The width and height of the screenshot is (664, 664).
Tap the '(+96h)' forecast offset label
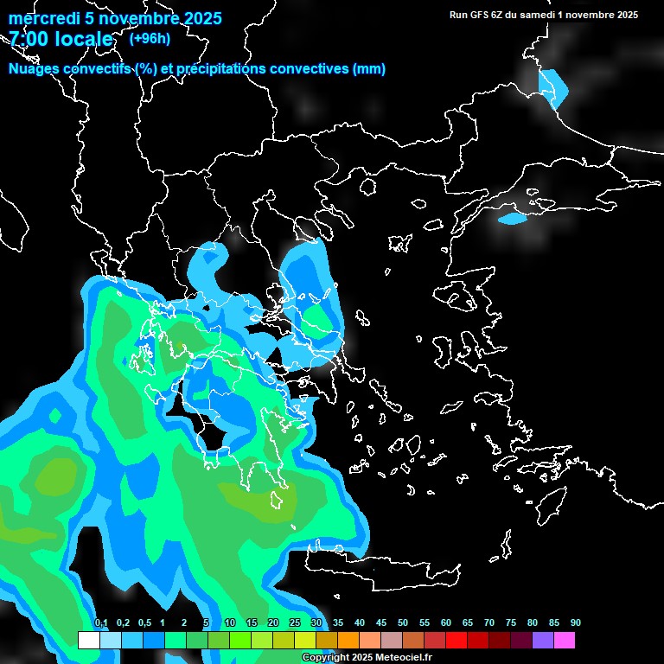pos(149,39)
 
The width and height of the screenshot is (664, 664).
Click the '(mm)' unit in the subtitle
pos(368,69)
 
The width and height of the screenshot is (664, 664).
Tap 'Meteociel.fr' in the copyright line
pos(404,658)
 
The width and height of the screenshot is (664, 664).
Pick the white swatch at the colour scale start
pos(88,641)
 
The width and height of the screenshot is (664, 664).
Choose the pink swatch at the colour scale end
pos(565,641)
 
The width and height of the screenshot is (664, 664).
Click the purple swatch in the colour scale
pos(543,641)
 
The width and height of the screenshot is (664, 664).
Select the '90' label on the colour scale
pos(575,623)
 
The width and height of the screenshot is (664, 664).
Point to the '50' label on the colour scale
pos(402,623)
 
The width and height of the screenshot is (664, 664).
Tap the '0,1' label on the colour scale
pos(101,623)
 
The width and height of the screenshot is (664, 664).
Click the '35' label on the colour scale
pos(337,623)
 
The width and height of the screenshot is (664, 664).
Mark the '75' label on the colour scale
pos(510,623)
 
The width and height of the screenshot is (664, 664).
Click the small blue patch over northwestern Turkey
pos(512,219)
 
